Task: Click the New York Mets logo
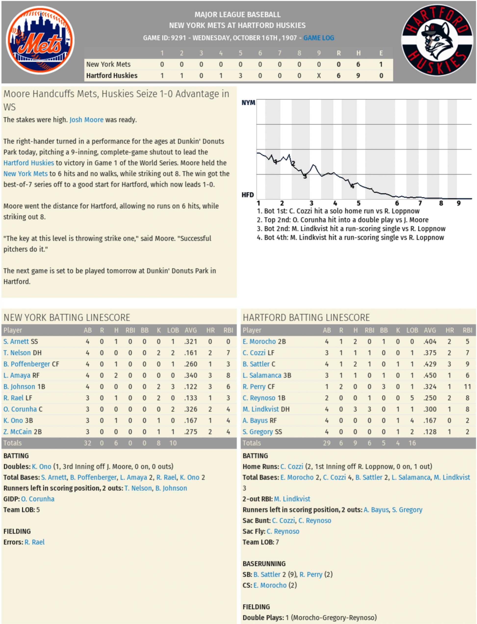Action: click(40, 40)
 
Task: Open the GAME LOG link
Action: click(319, 38)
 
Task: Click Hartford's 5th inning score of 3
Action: click(240, 76)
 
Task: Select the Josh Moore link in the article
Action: click(86, 120)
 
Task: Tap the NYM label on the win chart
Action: click(248, 103)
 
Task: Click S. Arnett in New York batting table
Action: click(16, 341)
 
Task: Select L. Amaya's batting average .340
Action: click(191, 375)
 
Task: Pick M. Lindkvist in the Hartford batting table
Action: click(261, 409)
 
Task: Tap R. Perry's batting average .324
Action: click(430, 387)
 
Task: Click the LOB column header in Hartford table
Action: click(412, 330)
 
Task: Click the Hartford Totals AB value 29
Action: click(326, 443)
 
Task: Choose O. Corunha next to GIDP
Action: click(38, 499)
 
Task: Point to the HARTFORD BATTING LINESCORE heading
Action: click(306, 318)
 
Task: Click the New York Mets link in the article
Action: click(25, 174)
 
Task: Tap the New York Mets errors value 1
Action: click(381, 65)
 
